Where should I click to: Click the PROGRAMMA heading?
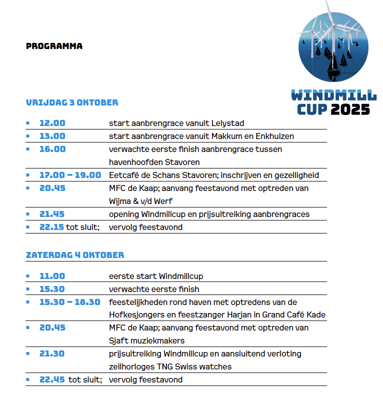(x=54, y=46)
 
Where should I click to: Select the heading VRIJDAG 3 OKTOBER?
(x=72, y=103)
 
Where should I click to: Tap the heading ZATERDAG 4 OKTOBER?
(x=75, y=255)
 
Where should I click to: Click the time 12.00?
(x=52, y=123)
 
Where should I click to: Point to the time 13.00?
(x=52, y=136)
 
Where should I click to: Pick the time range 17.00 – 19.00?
(x=70, y=175)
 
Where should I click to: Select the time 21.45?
(x=52, y=214)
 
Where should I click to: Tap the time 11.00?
(x=52, y=276)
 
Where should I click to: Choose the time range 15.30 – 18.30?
(x=69, y=302)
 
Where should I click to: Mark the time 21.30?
(x=52, y=353)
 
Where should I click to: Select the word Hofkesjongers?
(x=132, y=315)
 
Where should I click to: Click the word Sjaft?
(x=118, y=340)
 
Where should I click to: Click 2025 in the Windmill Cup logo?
(x=349, y=108)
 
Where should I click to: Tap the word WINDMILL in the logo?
(x=333, y=94)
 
